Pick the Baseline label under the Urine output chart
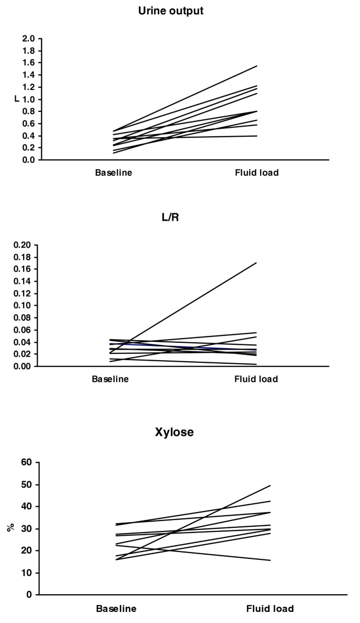(114, 172)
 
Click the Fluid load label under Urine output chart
(257, 172)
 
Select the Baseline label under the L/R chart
(110, 379)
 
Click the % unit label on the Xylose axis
(10, 527)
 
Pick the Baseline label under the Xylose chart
(116, 609)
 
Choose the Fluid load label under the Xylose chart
(270, 609)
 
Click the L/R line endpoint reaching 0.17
(256, 262)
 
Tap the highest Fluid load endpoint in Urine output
(256, 66)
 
